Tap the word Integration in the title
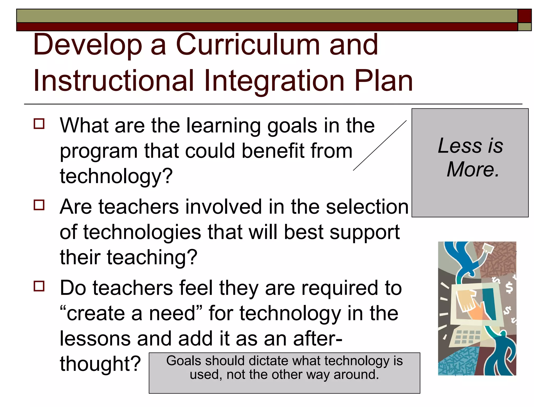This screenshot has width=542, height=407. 274,81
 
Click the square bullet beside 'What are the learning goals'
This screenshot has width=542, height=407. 39,124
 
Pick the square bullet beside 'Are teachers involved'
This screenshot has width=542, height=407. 39,205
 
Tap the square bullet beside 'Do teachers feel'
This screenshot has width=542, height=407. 39,286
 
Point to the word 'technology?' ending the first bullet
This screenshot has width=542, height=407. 116,176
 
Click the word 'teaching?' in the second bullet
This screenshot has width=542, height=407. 152,257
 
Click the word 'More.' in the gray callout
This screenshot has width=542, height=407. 473,169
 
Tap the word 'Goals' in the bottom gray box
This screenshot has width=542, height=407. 184,361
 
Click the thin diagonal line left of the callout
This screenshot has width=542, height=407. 380,145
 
